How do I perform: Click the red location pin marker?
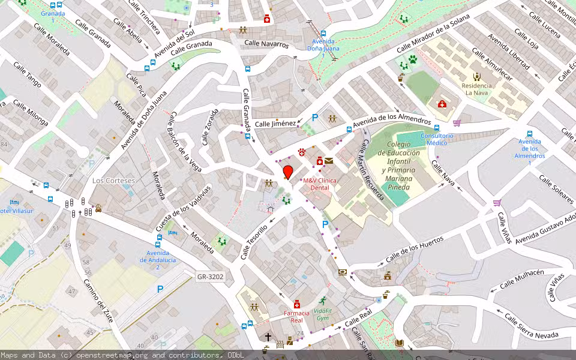tap(288, 172)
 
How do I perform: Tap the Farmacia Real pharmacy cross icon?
tap(297, 305)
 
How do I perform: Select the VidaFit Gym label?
tap(322, 314)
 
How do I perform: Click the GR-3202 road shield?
tap(210, 277)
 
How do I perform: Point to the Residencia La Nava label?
tap(476, 89)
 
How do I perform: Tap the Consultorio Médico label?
tap(437, 139)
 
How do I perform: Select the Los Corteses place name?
tap(113, 180)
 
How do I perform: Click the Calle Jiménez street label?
tap(275, 124)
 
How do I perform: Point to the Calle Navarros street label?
tap(266, 44)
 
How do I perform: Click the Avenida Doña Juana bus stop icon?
tap(323, 34)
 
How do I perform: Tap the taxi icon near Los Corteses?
tap(98, 209)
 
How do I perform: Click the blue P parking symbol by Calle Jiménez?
tap(314, 118)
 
